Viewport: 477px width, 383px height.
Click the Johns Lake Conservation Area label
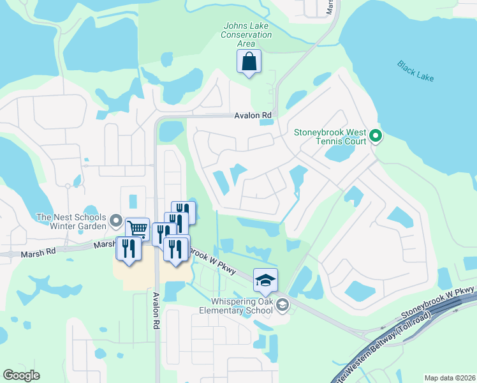(x=246, y=34)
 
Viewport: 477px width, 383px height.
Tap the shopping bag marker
(x=249, y=63)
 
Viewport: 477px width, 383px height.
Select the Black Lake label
(x=415, y=70)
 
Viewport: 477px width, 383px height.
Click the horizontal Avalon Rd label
(x=253, y=116)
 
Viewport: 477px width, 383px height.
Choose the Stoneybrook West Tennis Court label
(x=330, y=137)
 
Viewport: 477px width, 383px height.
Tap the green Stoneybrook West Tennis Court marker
(x=376, y=135)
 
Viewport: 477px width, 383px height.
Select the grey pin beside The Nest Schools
(x=116, y=222)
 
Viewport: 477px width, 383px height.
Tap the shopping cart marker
(x=137, y=229)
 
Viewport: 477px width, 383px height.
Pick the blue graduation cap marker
(x=265, y=280)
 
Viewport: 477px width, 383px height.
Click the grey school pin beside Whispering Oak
(x=283, y=306)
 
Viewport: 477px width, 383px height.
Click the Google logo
(x=21, y=375)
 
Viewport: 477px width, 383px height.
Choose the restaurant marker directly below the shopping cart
(x=129, y=247)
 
